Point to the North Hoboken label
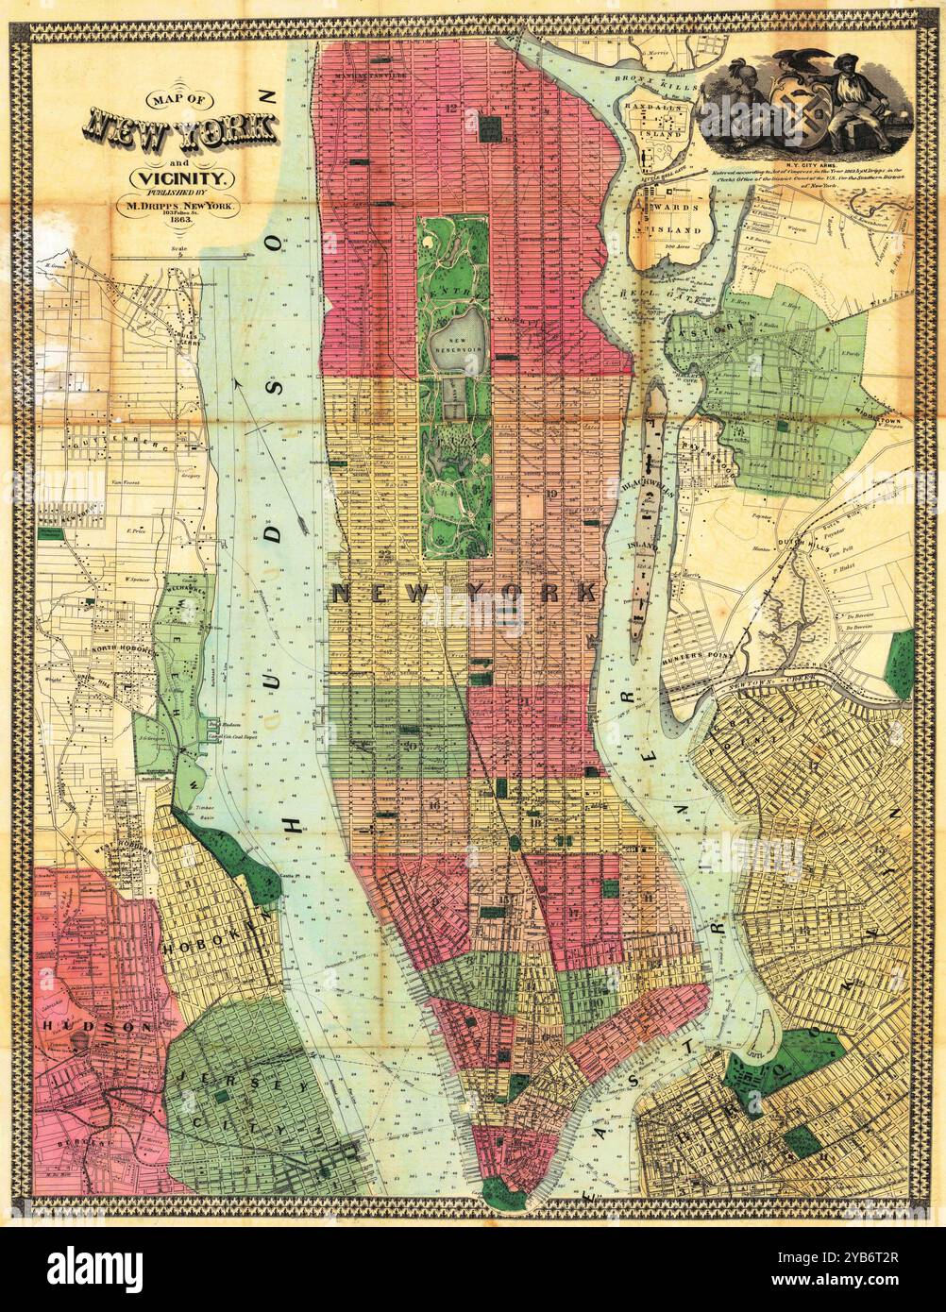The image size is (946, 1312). coord(121,651)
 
